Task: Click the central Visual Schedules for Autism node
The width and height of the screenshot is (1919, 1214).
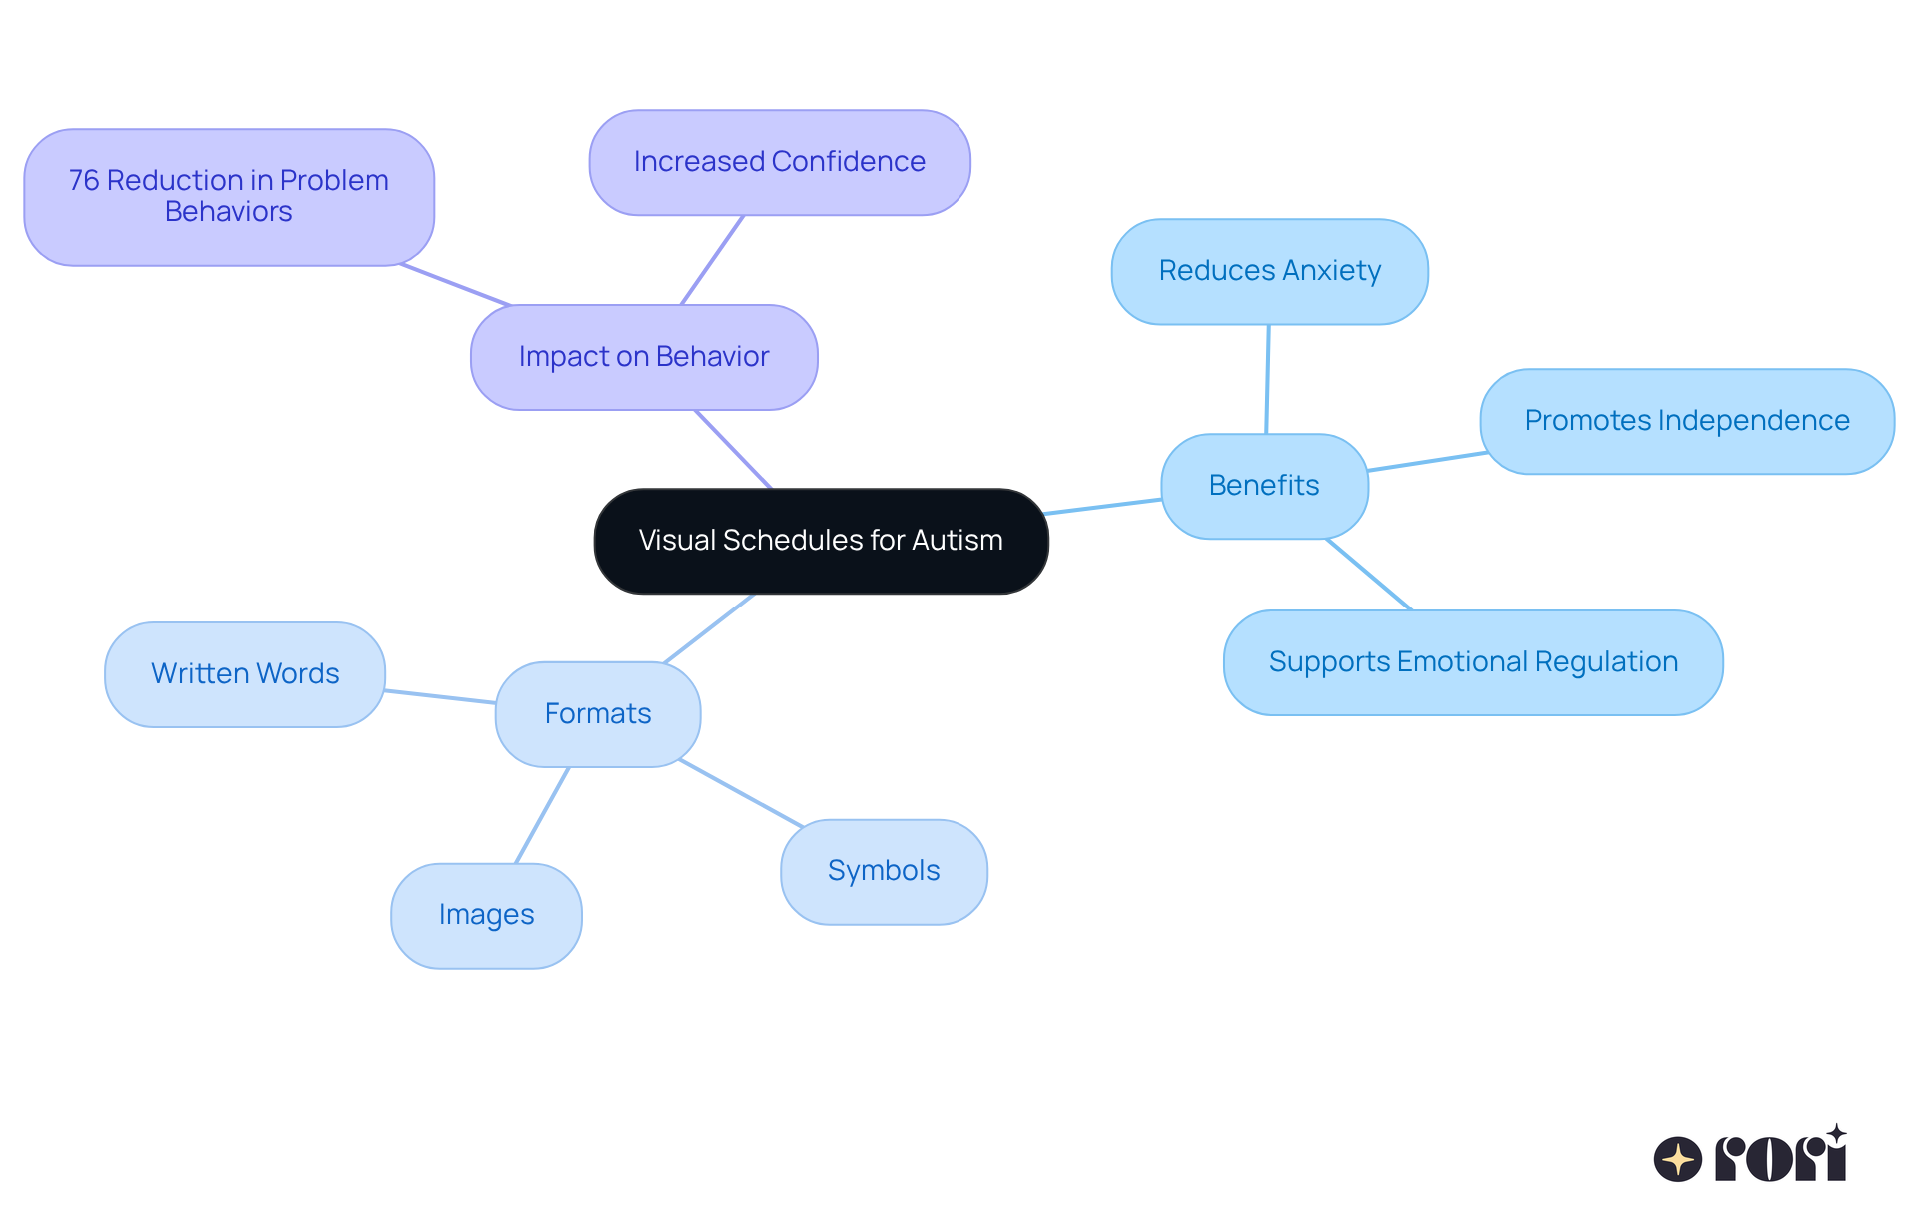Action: point(821,541)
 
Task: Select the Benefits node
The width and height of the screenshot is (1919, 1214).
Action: point(1264,486)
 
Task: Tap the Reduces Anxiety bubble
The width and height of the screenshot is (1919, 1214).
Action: point(1269,271)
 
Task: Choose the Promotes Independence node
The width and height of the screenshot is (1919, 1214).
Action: point(1687,421)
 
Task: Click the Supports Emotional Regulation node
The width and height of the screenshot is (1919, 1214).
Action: point(1473,662)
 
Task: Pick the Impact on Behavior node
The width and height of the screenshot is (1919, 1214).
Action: point(644,357)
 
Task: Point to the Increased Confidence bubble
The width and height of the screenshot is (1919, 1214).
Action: point(780,162)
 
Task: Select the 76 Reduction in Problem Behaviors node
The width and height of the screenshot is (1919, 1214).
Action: point(229,197)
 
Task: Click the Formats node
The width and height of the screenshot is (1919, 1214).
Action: point(598,714)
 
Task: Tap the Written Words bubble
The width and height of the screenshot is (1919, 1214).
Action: point(245,674)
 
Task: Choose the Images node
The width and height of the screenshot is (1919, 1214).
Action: point(486,915)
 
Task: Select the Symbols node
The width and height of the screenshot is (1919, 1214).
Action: point(884,871)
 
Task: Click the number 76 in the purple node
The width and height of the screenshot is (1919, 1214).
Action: point(84,181)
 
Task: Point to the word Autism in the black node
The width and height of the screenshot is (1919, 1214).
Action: point(958,541)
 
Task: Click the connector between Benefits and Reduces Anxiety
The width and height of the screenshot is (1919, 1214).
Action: point(1267,379)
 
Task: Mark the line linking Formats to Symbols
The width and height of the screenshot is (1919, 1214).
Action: point(741,793)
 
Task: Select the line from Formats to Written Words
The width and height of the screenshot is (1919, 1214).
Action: point(440,696)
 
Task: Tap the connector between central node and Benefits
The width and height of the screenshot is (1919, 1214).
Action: point(1102,507)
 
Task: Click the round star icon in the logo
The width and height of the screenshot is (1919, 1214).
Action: point(1678,1159)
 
